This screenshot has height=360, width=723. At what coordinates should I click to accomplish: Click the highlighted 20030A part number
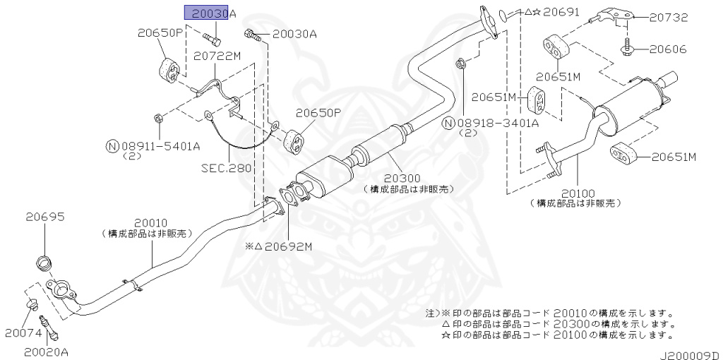[x=210, y=13]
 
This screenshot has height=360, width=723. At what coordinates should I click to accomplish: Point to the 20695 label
[x=45, y=217]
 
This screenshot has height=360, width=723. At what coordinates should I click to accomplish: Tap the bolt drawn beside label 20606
[x=627, y=49]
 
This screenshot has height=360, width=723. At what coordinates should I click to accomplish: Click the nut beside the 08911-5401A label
[x=158, y=117]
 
